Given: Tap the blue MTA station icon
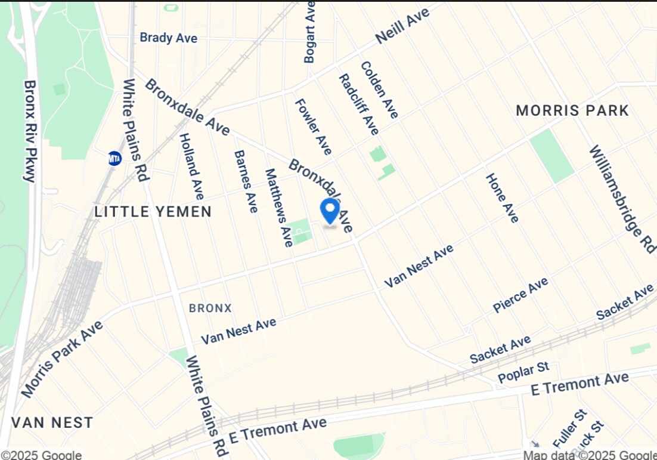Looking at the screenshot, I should (114, 158).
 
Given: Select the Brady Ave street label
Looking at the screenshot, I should (168, 38).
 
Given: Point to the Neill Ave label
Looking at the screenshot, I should (402, 27).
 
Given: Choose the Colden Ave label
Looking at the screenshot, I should (379, 89).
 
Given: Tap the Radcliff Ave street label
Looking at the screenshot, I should (358, 104).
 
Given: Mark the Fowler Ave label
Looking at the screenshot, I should (313, 126).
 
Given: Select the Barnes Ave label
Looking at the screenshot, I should (246, 181).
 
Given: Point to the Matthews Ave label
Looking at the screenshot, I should (279, 207).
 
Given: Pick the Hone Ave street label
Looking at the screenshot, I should (502, 198).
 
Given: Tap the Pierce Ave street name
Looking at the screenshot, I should (520, 295).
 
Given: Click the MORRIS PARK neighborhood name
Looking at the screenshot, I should (572, 110).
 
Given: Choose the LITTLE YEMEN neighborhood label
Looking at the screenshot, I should (153, 211).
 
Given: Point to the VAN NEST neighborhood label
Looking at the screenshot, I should (52, 422).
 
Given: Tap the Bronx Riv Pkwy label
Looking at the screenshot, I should (30, 131).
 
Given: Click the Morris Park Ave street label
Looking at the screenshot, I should (61, 359).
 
